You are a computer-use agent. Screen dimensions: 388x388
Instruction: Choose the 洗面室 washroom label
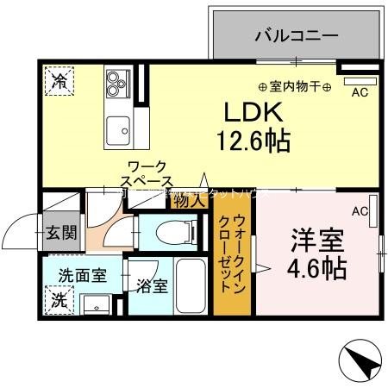[x=82, y=276]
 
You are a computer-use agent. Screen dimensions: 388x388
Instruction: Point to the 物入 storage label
[x=189, y=201]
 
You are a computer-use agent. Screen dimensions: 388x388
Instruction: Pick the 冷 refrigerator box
[x=59, y=83]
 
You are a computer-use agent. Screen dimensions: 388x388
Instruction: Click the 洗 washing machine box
[x=59, y=301]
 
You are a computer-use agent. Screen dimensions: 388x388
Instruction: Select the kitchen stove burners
[x=116, y=83]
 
